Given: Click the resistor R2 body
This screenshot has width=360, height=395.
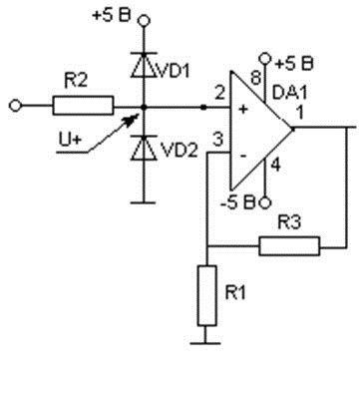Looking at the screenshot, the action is (83, 106).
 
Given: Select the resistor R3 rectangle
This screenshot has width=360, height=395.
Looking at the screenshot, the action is (289, 246).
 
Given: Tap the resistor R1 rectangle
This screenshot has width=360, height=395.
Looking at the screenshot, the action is (207, 295).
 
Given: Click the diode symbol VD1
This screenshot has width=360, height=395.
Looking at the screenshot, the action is (144, 65).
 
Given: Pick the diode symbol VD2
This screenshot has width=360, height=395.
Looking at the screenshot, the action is (144, 148).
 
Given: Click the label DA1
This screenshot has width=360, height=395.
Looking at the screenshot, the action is (289, 92).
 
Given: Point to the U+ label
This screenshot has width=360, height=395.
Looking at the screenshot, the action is (70, 140).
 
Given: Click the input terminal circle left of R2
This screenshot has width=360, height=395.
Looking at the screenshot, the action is (15, 106).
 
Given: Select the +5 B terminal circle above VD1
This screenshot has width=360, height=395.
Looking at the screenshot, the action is (144, 21).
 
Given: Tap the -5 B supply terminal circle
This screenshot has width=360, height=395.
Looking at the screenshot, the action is (265, 202).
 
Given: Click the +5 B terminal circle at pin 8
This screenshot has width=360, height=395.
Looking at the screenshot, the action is (265, 59).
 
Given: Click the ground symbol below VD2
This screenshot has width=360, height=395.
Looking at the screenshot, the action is (144, 202).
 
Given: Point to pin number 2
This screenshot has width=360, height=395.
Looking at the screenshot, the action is (219, 94).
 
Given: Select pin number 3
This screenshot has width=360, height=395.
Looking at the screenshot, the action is (217, 140).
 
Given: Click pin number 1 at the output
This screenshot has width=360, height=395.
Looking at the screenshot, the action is (300, 113).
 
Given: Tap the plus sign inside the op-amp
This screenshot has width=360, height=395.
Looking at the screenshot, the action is (243, 109).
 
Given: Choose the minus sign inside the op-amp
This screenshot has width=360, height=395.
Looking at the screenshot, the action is (243, 156).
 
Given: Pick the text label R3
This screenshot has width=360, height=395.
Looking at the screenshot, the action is (289, 222).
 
